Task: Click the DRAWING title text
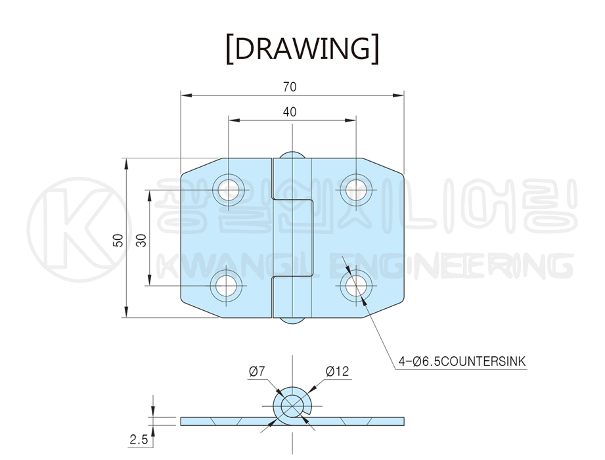coord(302,49)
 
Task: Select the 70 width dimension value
coord(290,87)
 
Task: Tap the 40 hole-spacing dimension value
coord(290,112)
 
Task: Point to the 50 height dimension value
coord(118,240)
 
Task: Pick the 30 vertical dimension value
coord(142,240)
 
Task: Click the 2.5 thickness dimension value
coord(139,439)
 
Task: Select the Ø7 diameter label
coord(257,371)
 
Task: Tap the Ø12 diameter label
coord(337,371)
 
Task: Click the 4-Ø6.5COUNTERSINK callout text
coord(462,361)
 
